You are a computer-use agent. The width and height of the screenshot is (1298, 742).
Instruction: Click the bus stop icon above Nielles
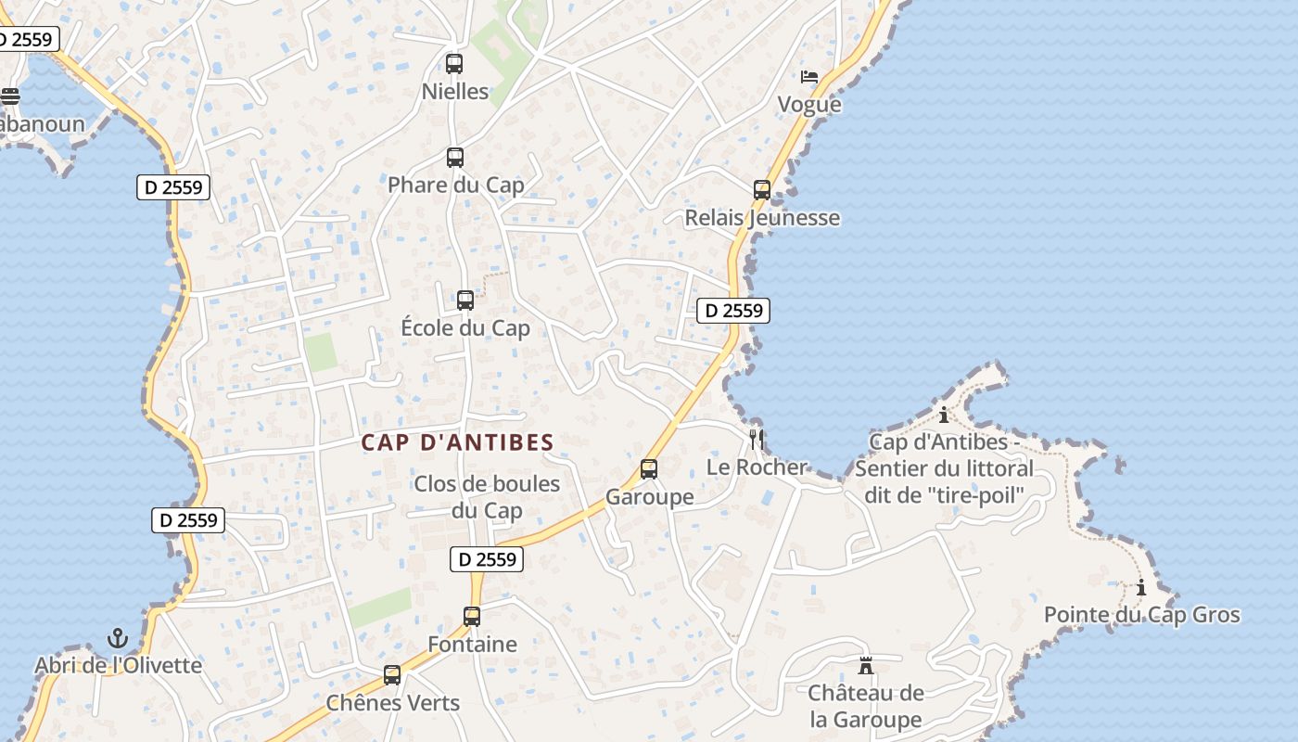tap(454, 64)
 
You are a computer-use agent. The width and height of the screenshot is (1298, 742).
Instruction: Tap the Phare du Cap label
tap(455, 185)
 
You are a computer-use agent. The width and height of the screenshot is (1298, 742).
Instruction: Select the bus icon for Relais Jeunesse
tap(762, 190)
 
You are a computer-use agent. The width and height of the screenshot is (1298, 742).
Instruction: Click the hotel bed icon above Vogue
tap(809, 77)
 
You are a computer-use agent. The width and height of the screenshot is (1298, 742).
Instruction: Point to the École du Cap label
tap(465, 328)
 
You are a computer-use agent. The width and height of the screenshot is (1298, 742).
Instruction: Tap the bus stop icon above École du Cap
tap(465, 301)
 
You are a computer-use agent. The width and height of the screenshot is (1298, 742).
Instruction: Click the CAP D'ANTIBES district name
tap(457, 442)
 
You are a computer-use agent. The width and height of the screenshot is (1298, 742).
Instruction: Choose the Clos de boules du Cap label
tap(487, 497)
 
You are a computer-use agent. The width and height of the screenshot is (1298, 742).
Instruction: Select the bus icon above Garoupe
tap(649, 469)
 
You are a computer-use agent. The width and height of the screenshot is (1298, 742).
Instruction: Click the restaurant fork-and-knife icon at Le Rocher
tap(757, 439)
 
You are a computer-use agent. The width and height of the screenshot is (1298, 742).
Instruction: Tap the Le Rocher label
tap(757, 467)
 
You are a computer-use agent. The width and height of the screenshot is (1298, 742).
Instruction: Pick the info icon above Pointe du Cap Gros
tap(1141, 587)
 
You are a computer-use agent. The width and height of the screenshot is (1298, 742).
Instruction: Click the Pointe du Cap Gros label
tap(1141, 615)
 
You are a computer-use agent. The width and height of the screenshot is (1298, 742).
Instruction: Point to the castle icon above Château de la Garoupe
tap(866, 665)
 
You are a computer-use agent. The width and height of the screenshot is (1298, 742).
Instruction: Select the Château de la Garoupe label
tap(866, 706)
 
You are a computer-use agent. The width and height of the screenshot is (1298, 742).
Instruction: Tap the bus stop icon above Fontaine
tap(472, 616)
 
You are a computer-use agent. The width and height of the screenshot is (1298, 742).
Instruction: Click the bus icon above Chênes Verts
tap(392, 674)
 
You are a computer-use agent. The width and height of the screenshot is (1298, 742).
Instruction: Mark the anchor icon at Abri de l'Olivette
tap(118, 637)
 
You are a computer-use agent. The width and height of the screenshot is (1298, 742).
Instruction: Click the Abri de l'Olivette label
tap(118, 665)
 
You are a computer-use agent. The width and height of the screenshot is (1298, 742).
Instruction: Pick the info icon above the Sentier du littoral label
tap(944, 415)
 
